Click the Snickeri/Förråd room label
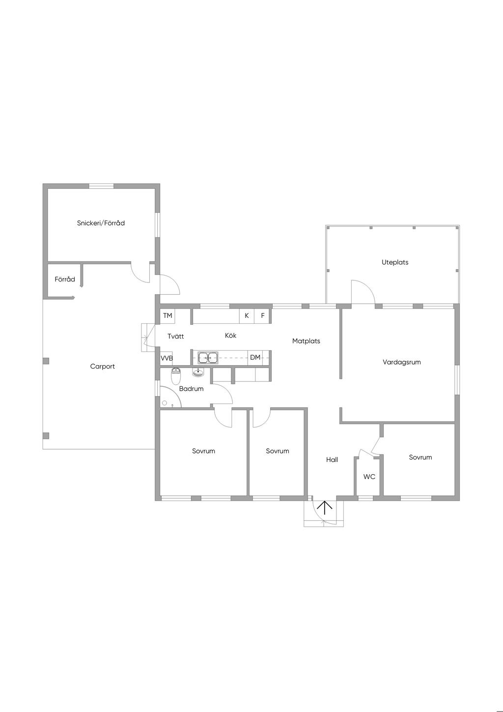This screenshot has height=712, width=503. [101, 223]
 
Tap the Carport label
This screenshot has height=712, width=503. [102, 367]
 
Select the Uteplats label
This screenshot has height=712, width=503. [395, 262]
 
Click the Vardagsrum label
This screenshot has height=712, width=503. [402, 362]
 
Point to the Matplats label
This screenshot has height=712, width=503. [306, 341]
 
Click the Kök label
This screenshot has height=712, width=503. [230, 335]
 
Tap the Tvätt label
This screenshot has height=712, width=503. [176, 336]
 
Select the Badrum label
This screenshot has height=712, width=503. [191, 388]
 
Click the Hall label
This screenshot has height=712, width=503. [332, 459]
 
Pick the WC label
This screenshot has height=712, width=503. [369, 477]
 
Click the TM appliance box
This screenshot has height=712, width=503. [168, 316]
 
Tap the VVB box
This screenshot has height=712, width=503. [167, 358]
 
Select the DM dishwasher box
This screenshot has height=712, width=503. [255, 358]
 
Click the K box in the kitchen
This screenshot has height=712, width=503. [247, 316]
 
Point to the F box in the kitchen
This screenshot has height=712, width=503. [263, 316]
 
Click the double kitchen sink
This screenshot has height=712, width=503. [208, 358]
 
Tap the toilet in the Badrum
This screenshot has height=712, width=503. [176, 376]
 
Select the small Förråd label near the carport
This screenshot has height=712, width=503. [65, 280]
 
